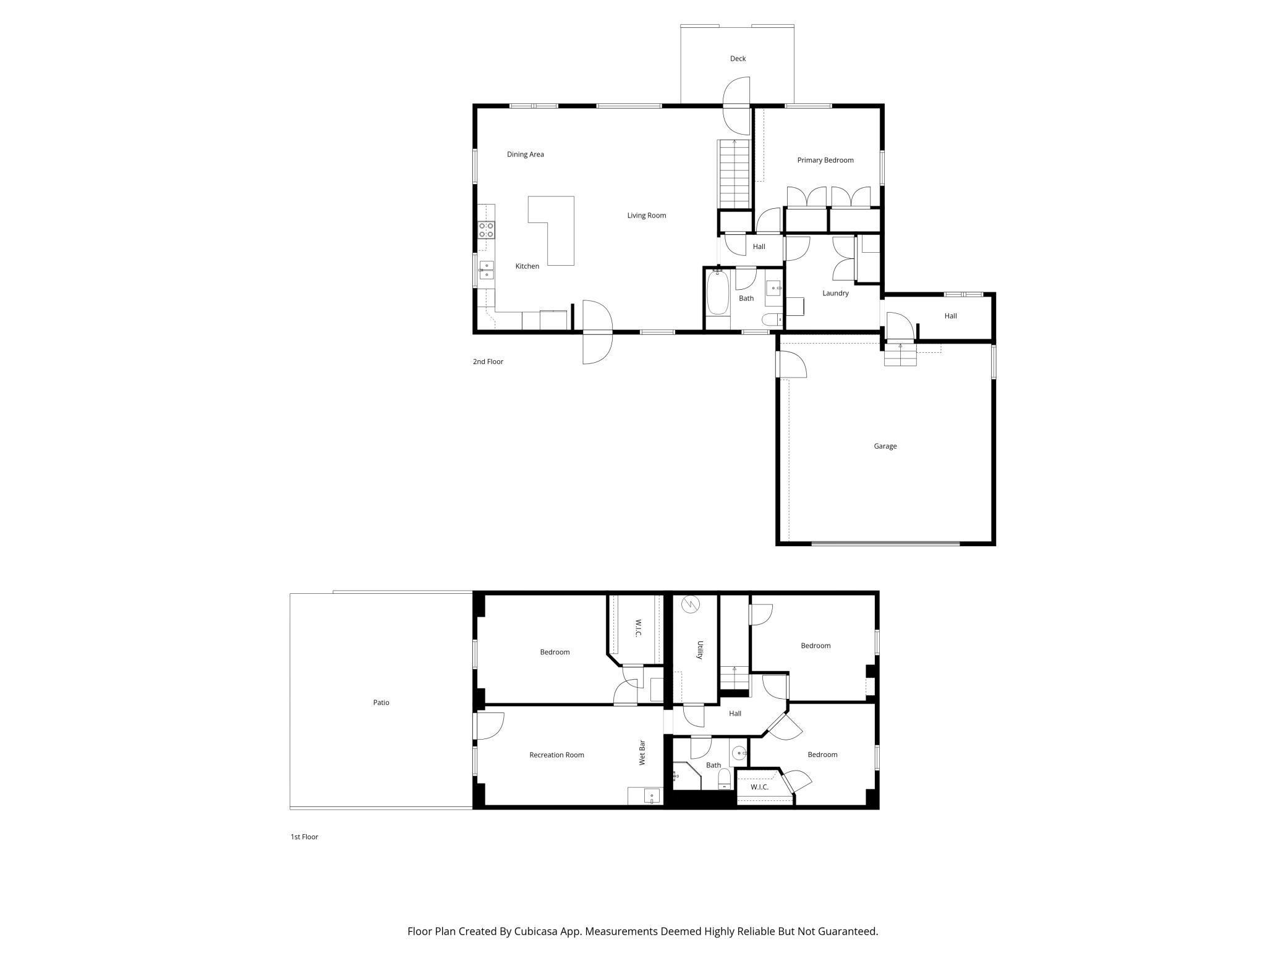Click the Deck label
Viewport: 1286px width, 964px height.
tap(738, 59)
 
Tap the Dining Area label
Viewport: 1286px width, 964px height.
tap(525, 154)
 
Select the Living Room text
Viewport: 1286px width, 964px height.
tap(646, 216)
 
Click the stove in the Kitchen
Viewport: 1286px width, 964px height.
tap(486, 230)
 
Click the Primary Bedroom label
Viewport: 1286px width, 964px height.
tap(825, 160)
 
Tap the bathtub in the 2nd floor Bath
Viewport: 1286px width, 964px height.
tap(717, 299)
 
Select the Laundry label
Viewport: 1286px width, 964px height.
tap(835, 294)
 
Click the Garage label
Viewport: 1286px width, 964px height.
tap(885, 446)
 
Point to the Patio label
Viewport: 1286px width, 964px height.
tap(381, 703)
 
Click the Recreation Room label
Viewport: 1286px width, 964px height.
tap(556, 755)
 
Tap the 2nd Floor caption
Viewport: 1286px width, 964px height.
tap(488, 362)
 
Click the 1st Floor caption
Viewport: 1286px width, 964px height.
tap(304, 837)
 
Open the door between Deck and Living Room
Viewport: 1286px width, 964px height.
tap(736, 106)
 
